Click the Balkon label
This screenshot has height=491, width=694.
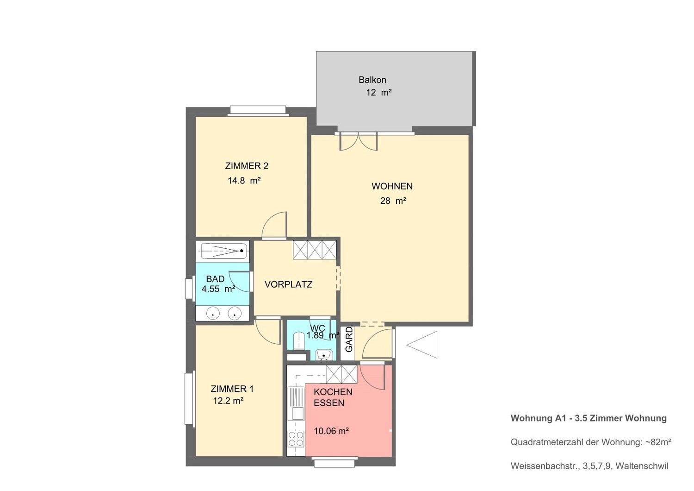point(372,80)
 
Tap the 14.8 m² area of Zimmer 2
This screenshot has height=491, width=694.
point(244,181)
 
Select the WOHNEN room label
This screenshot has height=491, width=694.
point(392,186)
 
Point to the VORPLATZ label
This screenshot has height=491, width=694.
point(288,284)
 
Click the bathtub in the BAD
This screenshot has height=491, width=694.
point(224,251)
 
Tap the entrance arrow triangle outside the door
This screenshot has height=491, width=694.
point(422,345)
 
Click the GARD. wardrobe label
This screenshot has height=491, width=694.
point(349,339)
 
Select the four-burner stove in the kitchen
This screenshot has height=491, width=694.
point(296,439)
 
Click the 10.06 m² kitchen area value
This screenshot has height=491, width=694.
point(331,431)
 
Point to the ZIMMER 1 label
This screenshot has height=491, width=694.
point(232,389)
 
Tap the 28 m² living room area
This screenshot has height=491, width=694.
point(393,201)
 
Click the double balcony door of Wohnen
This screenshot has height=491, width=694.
point(359,142)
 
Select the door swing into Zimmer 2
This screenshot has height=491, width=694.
point(274,226)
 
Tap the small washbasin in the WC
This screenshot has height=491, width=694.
point(324,354)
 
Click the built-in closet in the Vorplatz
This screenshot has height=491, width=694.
point(315,250)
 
